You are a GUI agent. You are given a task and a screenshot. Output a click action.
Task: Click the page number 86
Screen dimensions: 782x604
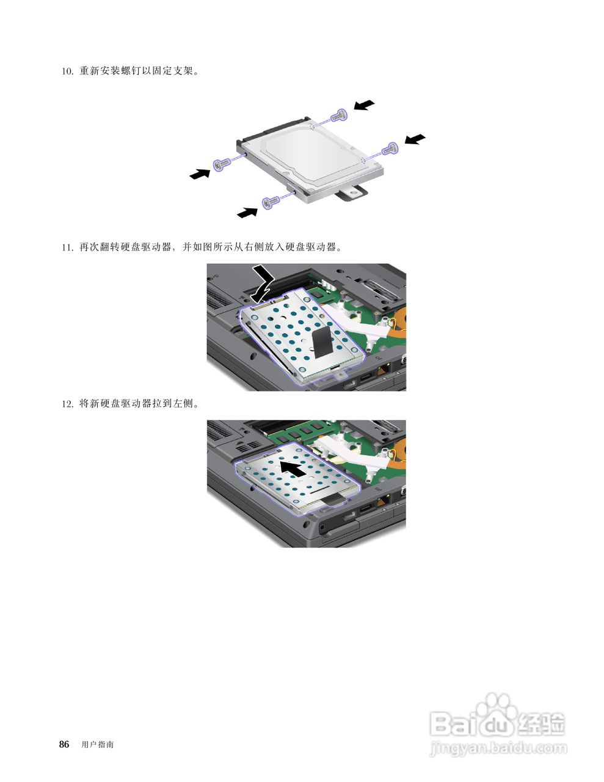coord(64,744)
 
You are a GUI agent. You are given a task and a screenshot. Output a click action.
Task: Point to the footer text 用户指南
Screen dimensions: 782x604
coord(97,745)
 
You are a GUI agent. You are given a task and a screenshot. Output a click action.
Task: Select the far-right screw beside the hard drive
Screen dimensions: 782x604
coord(390,148)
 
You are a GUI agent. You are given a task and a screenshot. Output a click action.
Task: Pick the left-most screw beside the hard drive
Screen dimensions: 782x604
coord(221,163)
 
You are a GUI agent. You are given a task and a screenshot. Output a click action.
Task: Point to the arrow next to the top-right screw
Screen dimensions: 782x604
coord(364,105)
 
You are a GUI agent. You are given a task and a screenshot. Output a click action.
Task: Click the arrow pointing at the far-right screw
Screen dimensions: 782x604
coord(415,139)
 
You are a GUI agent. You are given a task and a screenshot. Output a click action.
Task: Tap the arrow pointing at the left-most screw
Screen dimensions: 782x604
coord(200,174)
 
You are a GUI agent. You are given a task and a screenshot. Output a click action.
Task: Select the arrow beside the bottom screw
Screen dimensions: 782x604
coord(247,212)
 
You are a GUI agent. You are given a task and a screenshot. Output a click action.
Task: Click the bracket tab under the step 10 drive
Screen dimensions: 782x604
coord(351,192)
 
